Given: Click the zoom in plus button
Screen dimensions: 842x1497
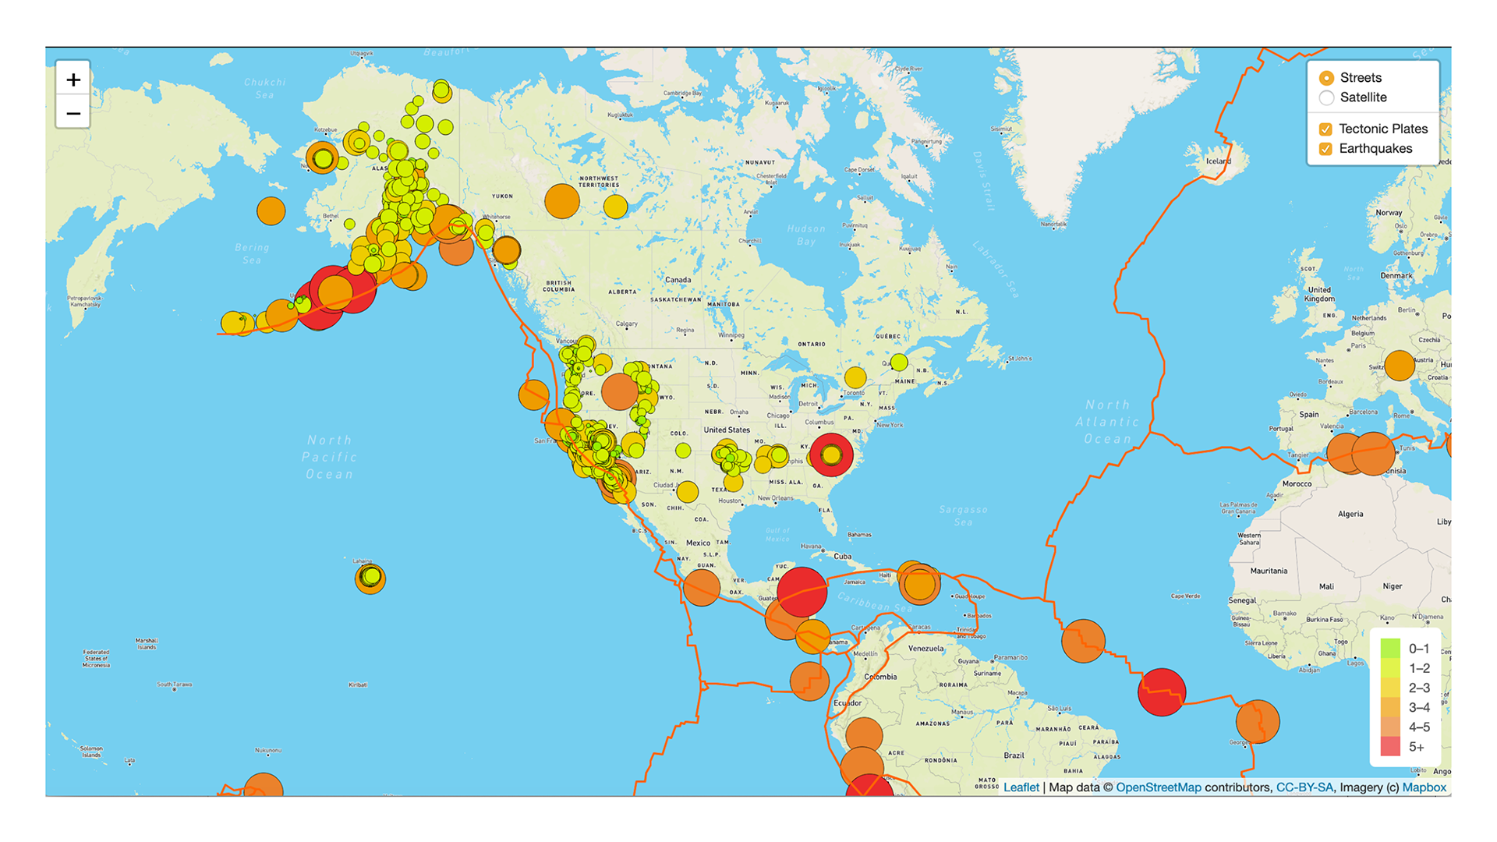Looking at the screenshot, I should coord(73,80).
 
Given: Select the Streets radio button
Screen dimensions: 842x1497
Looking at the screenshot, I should coord(1326,78).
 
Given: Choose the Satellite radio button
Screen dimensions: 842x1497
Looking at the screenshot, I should coord(1326,97).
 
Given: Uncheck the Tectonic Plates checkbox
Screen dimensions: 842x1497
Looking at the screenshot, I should coord(1325,129).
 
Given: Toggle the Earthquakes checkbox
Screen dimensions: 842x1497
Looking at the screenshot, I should coord(1325,149).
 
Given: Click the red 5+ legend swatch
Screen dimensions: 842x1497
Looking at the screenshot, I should coord(1390,746).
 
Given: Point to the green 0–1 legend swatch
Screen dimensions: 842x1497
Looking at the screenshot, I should coord(1390,648).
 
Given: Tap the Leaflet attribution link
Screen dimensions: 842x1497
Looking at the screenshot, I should coord(1021,787).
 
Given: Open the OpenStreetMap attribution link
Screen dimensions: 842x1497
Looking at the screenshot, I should coord(1158,787).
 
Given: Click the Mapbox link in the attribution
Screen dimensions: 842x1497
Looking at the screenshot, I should coord(1424,787).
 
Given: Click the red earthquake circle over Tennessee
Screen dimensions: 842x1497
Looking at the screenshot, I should coord(831,455).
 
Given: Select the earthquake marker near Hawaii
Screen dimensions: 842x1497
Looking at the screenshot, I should coord(370,578).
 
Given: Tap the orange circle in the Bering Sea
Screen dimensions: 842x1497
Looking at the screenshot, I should coord(271,210).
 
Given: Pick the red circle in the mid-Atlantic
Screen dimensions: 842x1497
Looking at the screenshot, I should coord(1162,692).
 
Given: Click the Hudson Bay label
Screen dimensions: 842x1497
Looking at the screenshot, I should coord(806,235).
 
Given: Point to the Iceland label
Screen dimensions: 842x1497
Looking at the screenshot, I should coord(1219,161).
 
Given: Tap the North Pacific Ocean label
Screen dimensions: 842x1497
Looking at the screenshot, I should coord(330,457).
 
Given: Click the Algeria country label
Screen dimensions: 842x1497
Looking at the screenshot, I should coord(1350,514).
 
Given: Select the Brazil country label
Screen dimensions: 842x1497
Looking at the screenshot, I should coord(1014,755).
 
